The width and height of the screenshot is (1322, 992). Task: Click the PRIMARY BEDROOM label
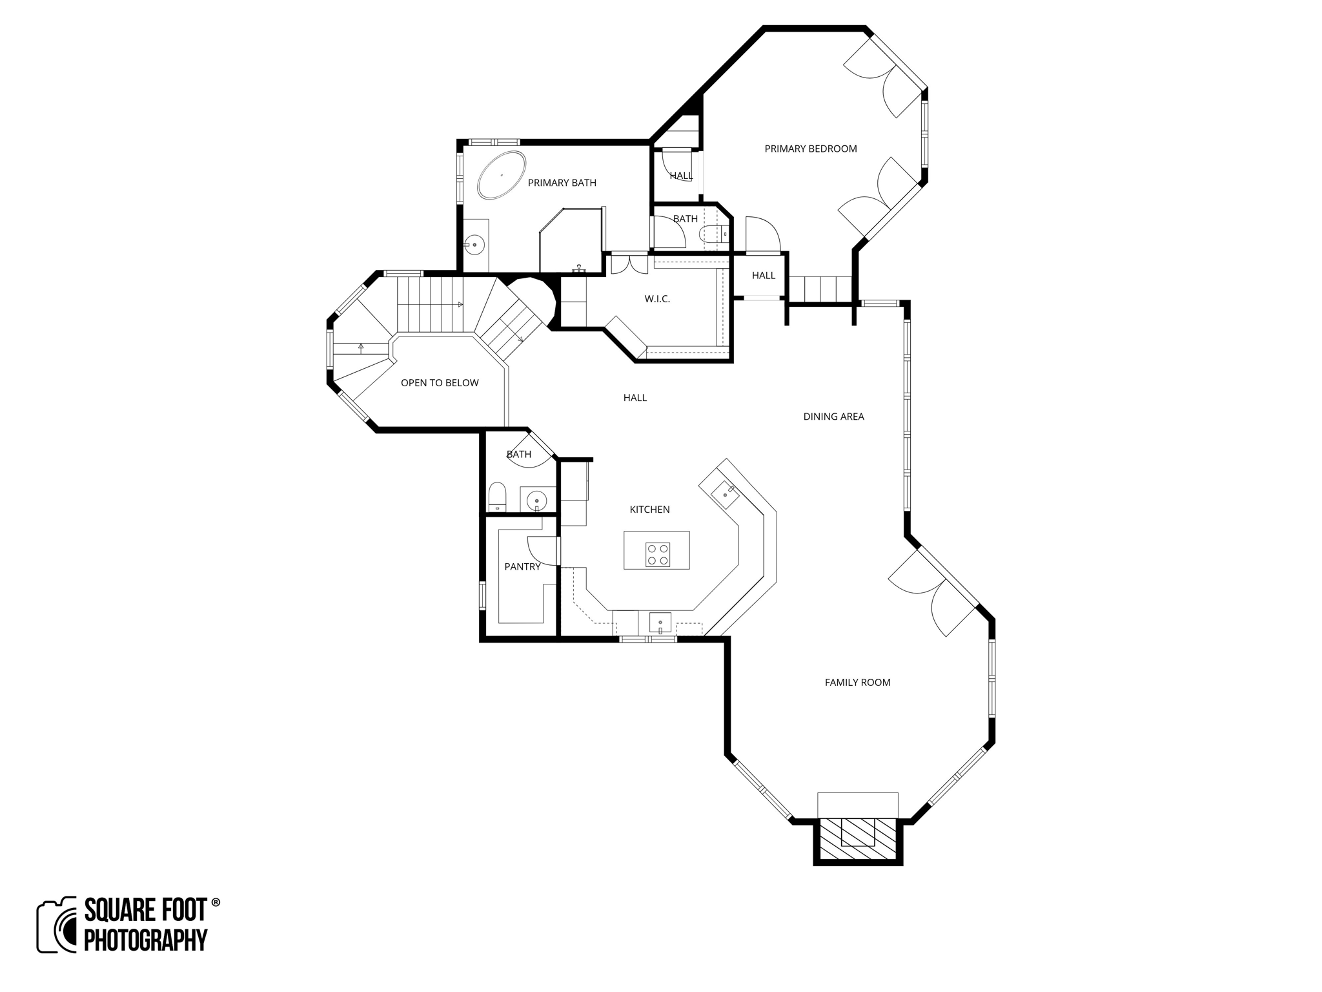pos(810,149)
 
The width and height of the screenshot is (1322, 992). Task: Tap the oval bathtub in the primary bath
pos(502,175)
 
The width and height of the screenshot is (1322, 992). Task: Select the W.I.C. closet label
pos(657,299)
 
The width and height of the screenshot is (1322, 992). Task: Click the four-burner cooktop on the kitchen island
pos(657,555)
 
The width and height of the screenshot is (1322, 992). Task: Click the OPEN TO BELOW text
pos(440,383)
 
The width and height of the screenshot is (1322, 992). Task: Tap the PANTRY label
pos(522,567)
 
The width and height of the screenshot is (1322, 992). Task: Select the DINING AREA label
pos(833,417)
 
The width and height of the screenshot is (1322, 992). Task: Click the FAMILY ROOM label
pos(857,682)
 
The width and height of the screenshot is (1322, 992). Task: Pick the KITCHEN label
pos(649,510)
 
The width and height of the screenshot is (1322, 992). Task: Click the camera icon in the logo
pos(57,925)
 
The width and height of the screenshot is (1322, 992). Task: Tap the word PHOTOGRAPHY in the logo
pos(146,940)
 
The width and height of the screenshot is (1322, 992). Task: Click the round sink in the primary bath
pos(475,245)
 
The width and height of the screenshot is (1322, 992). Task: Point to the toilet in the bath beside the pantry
pos(497,497)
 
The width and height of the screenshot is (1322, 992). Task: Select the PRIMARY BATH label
pos(562,183)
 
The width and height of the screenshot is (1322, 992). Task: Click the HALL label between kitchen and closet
pos(635,398)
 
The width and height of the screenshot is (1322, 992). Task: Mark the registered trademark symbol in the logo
pos(216,902)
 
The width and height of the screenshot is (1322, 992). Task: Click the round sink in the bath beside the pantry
pos(537,500)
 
